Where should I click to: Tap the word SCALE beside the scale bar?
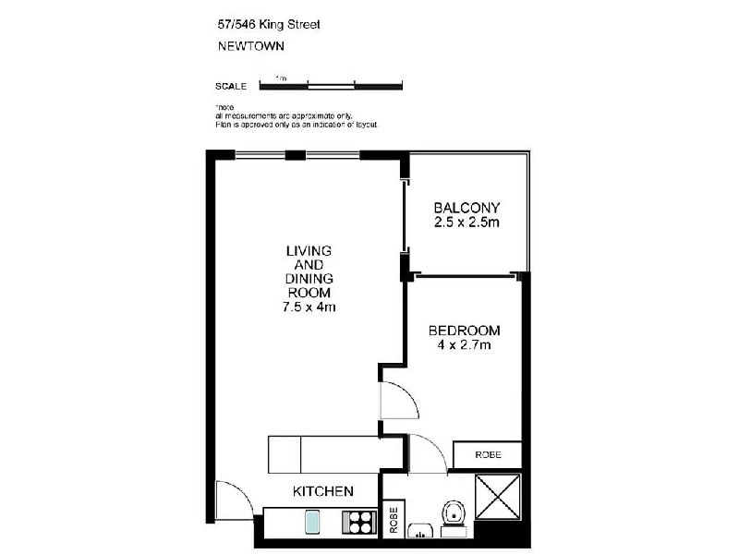point(231,87)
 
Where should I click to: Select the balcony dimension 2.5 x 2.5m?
point(466,223)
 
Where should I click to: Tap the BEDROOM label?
point(464,331)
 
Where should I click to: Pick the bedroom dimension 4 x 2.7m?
point(464,345)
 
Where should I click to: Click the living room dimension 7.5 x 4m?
point(309,307)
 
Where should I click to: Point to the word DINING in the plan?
point(309,279)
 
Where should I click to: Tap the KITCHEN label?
point(323,491)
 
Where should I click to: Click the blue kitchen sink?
point(312,523)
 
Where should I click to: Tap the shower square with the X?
point(498,500)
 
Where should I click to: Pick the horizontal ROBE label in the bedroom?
point(487,455)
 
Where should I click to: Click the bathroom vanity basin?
point(423,532)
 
